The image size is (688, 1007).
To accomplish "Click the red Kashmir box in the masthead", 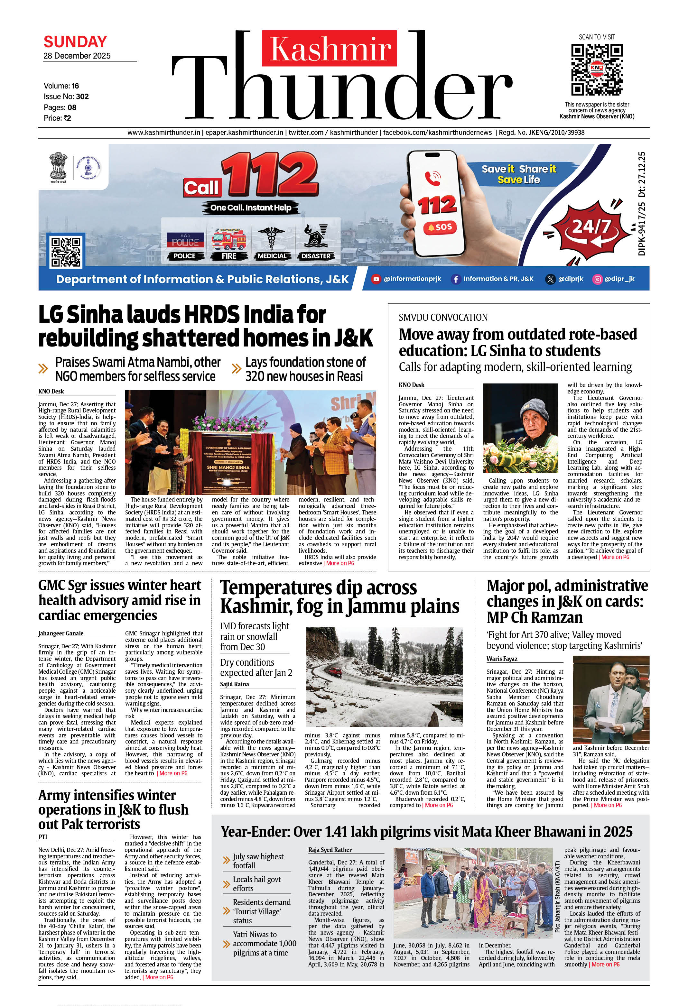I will (329, 48).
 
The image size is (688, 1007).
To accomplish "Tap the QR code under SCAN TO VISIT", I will (597, 69).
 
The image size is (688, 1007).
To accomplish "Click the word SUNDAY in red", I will (75, 42).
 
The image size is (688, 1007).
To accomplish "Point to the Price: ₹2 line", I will (57, 118).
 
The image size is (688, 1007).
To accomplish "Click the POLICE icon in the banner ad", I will (185, 243).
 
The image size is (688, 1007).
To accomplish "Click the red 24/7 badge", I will (591, 226).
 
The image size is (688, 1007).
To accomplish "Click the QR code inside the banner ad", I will (66, 251).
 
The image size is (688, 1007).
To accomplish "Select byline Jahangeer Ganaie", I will (61, 633).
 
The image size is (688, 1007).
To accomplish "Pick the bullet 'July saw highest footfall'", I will (258, 861).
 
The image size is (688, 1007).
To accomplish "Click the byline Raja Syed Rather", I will (330, 850).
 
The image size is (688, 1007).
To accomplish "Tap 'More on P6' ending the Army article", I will (159, 977).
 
